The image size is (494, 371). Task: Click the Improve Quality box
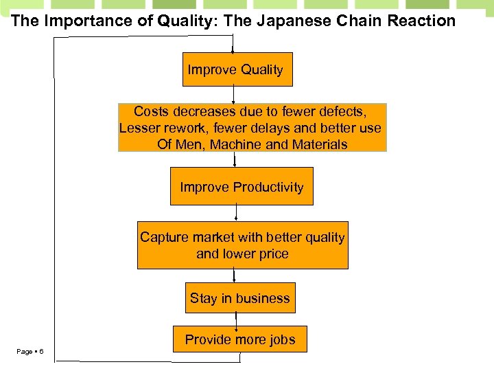pos(237,69)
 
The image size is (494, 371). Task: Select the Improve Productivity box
pos(242,187)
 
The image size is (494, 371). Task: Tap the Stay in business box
pos(240,298)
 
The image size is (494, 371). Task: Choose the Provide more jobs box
pos(239,339)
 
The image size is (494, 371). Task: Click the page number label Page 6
pos(30,352)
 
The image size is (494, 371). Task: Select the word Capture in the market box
pos(165,237)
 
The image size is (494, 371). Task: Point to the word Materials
pos(319,144)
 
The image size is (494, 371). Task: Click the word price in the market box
pos(272,254)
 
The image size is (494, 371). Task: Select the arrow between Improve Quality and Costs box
pos(234,95)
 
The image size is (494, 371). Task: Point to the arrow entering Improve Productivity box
pos(235,159)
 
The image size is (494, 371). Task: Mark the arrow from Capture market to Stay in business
pos(235,276)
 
